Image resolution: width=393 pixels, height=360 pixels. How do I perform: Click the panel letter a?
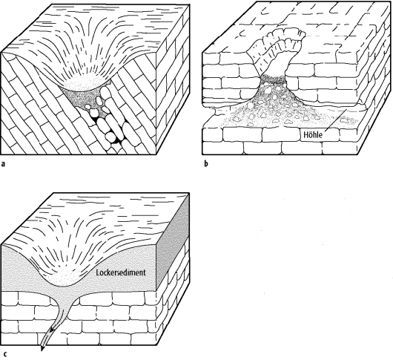pos(3,164)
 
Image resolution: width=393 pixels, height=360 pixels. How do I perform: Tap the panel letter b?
pos(206,164)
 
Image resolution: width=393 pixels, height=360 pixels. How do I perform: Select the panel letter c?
pos(5,354)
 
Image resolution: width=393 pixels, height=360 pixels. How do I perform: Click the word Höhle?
pos(312,134)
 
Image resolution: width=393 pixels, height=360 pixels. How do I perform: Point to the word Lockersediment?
pos(121,272)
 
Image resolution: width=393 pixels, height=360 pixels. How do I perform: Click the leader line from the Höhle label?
pos(335,120)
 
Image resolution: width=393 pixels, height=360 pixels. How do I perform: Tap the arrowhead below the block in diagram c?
pos(42,348)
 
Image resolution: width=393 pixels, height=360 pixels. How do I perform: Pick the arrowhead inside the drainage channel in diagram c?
pos(52,330)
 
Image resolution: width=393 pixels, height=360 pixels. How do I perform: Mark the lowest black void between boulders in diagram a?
pos(117,142)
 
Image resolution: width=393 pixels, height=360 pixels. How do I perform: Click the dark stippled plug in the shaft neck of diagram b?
pos(273,79)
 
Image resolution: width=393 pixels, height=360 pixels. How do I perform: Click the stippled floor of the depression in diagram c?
pos(62,279)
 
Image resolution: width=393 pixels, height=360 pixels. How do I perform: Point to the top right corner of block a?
pos(189,4)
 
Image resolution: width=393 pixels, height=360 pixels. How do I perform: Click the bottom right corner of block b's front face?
pos(358,154)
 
